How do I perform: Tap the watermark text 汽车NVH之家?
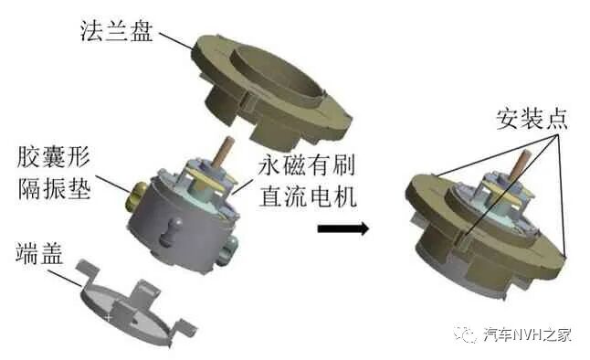tap(528, 334)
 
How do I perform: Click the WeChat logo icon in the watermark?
tap(468, 334)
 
